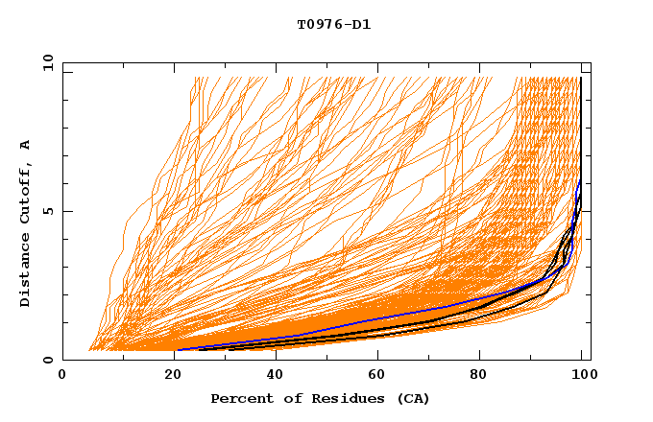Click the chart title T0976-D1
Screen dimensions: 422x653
click(x=333, y=24)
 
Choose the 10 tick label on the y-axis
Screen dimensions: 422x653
click(x=47, y=62)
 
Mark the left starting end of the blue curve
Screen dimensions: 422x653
click(x=178, y=349)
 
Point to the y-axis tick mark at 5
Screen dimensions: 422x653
click(x=66, y=211)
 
